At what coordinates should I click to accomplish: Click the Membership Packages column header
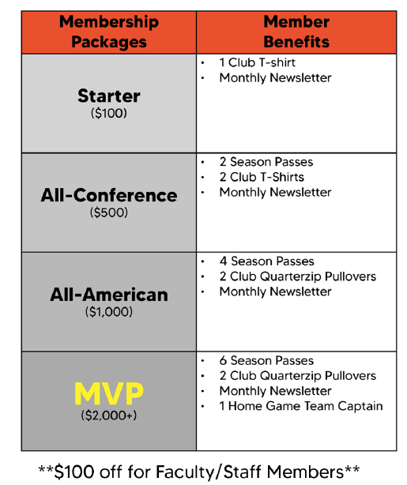pos(109,32)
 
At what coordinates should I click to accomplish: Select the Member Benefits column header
pos(296,32)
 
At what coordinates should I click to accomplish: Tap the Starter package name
pos(109,96)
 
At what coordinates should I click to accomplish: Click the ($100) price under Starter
pos(109,113)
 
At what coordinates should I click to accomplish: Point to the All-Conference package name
pos(109,195)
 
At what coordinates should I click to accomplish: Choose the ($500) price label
pos(109,212)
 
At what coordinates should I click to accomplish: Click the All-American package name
pos(109,295)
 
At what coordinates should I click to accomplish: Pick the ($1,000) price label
pos(109,312)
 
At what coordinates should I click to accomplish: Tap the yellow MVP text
pos(109,393)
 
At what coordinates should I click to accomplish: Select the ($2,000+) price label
pos(109,415)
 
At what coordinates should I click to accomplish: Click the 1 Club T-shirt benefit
pos(257,62)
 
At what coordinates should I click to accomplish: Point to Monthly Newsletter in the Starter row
pos(275,78)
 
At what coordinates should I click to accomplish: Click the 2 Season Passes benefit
pos(266,162)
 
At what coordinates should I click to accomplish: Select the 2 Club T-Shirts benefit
pos(262,177)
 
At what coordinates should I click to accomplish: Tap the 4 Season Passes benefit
pos(267,261)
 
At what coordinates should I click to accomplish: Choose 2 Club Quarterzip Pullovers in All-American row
pos(298,276)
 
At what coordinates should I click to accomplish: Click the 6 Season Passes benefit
pos(266,360)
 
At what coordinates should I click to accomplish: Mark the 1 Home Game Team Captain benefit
pos(301,406)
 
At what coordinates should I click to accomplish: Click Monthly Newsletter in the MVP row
pos(275,391)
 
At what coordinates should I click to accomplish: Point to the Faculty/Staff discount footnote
pos(198,472)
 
